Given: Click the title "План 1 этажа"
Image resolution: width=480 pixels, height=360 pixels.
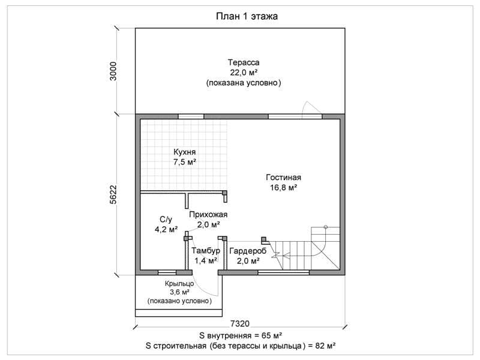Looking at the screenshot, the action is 247,16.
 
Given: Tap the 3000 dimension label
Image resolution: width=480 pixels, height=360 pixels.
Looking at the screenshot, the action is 113,71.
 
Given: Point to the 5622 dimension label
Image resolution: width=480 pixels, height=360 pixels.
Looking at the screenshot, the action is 113,194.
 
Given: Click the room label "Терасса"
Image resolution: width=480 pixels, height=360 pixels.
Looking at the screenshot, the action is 244,62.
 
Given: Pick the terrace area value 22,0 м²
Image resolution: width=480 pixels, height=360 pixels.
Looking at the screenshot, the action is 244,73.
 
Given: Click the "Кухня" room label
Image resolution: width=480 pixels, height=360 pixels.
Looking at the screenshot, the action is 185,152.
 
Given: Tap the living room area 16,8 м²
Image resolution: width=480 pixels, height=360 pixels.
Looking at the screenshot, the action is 283,187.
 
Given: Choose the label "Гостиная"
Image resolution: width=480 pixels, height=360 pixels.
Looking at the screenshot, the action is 283,177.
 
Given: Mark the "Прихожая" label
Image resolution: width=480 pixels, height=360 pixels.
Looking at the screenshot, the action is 208,215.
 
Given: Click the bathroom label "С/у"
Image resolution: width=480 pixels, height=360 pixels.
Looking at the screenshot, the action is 166,219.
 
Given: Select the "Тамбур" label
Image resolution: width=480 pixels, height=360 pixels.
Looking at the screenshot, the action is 206,251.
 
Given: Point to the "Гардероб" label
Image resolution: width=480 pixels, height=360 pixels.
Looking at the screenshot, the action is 248,251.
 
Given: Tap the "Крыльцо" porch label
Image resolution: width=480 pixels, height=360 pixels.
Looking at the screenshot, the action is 179,283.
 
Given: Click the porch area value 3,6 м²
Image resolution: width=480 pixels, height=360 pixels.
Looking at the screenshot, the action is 179,292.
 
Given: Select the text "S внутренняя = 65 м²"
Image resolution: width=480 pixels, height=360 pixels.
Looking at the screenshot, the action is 241,335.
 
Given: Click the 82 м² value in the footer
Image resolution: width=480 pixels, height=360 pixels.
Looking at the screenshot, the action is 325,346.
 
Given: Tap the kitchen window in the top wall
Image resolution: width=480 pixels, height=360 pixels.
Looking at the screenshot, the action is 191,116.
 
